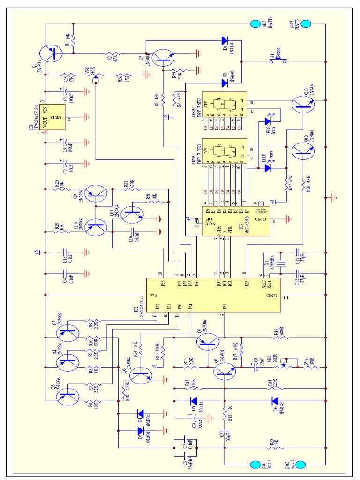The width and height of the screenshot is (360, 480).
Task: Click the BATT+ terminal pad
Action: click(x=255, y=23)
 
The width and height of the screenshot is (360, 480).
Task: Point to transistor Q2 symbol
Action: click(x=162, y=56)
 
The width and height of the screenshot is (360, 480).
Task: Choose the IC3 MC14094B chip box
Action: click(x=236, y=221)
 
